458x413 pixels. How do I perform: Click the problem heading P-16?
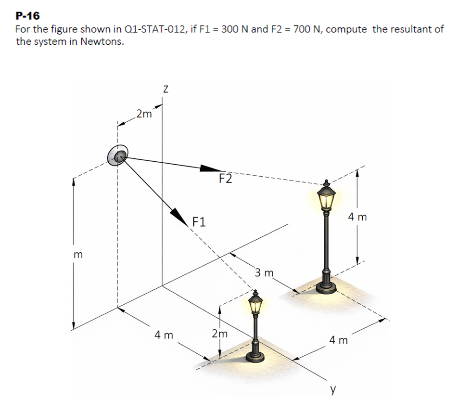[28, 16]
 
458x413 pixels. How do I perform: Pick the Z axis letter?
[165, 89]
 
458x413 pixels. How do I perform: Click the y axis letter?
[333, 390]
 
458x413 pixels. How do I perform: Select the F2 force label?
[226, 178]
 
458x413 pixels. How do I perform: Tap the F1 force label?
[199, 222]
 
